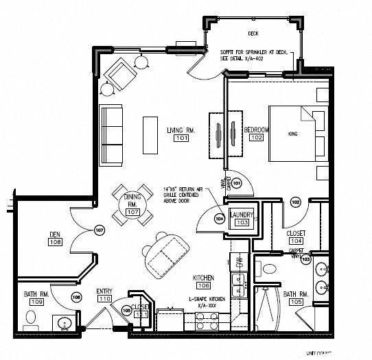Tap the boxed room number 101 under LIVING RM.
pyautogui.click(x=181, y=139)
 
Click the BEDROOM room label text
pyautogui.click(x=256, y=129)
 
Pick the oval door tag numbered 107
pyautogui.click(x=99, y=230)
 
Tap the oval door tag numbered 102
pyautogui.click(x=296, y=202)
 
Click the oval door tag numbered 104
pyautogui.click(x=220, y=219)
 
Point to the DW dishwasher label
pyautogui.click(x=240, y=262)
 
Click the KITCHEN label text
pyautogui.click(x=203, y=277)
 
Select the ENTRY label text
pyautogui.click(x=104, y=291)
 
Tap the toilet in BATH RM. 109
pyautogui.click(x=30, y=317)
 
